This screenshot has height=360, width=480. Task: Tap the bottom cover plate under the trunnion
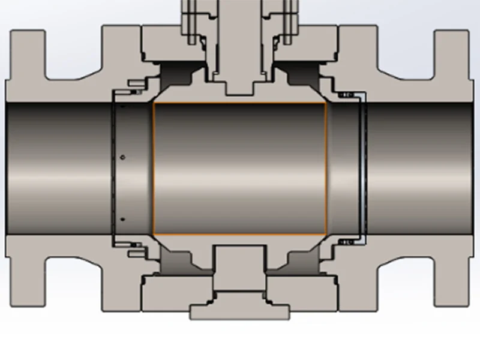pos(240,311)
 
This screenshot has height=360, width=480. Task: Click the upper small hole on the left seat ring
pos(122,158)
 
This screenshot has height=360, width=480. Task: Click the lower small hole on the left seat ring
pos(122,219)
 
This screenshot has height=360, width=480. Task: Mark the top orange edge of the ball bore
pos(240,103)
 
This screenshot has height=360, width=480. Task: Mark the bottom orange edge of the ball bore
pos(240,235)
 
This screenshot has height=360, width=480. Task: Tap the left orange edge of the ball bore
pos(154,169)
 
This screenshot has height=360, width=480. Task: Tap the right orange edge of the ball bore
pos(326,169)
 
